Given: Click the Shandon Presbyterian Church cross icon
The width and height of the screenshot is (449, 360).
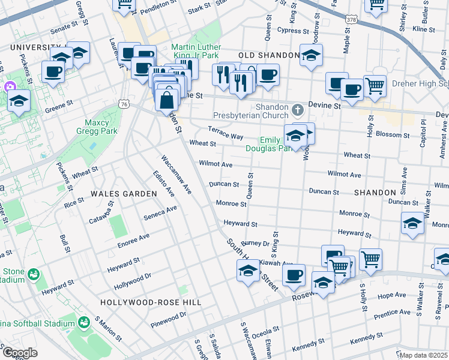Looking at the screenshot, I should click(x=297, y=110).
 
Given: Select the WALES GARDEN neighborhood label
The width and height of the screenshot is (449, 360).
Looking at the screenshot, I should click(x=124, y=194).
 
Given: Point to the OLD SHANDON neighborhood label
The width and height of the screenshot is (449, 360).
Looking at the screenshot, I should click(x=269, y=55).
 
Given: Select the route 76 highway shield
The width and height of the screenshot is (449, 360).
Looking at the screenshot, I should click(x=124, y=104).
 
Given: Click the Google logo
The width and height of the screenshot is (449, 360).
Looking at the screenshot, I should click(x=19, y=353).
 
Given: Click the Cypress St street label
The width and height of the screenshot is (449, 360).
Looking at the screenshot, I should click(x=293, y=31).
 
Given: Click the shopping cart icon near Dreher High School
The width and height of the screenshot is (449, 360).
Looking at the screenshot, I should click(x=375, y=85).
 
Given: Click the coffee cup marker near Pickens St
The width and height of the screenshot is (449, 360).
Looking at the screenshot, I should click(x=53, y=72).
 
